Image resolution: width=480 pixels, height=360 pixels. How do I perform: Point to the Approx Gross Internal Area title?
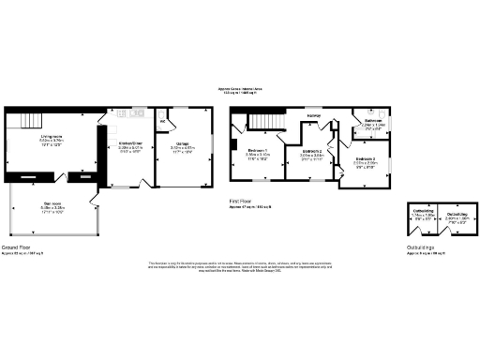click(240, 90)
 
